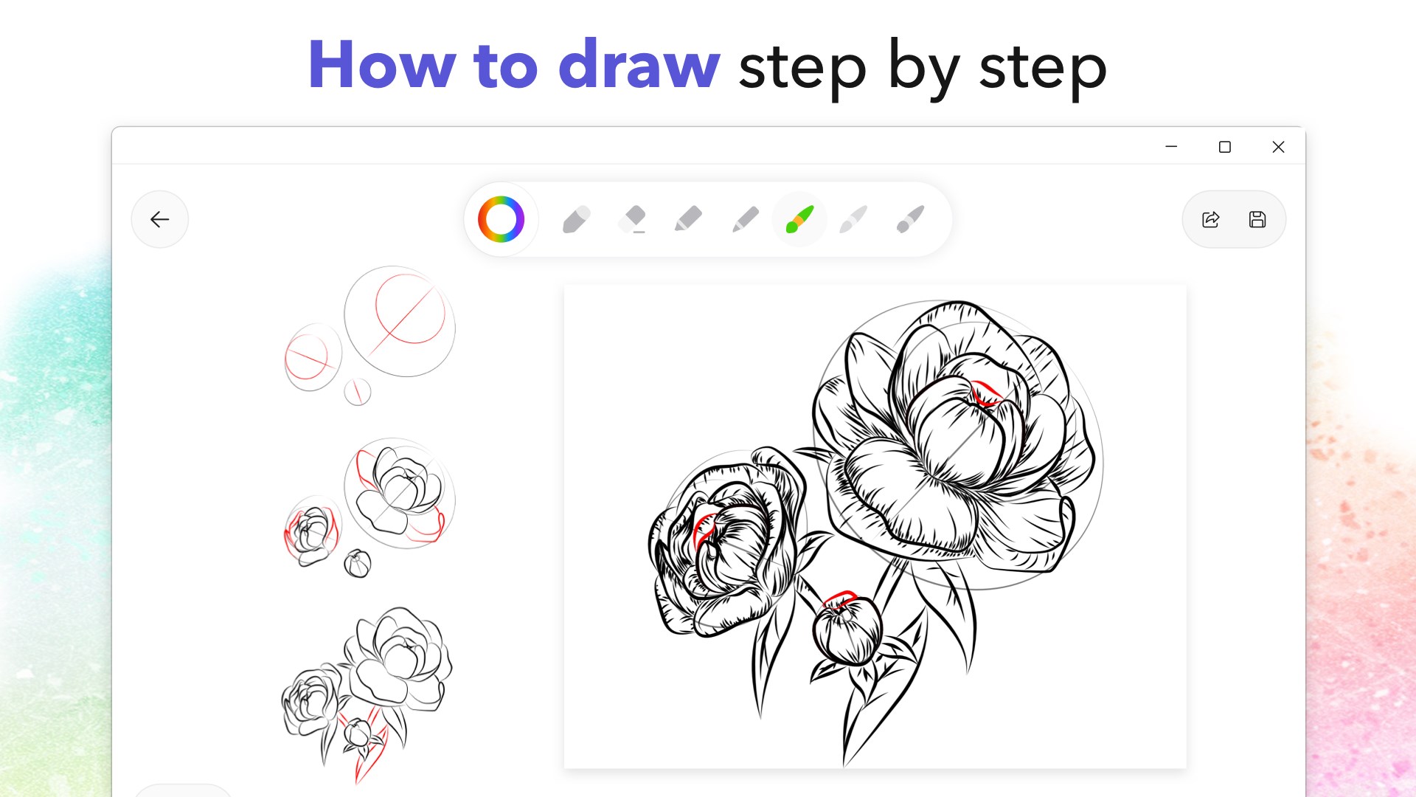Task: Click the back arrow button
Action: (x=159, y=219)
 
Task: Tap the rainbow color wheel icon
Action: (x=501, y=219)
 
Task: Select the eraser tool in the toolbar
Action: (x=633, y=219)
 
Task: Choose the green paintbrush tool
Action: (x=799, y=219)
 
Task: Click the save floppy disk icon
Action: (x=1257, y=219)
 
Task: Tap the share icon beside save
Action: (x=1211, y=219)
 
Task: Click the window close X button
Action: (x=1278, y=147)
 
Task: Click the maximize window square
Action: (x=1224, y=147)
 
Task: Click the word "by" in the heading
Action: (x=923, y=66)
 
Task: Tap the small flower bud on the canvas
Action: (x=847, y=631)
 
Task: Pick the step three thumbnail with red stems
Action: (x=367, y=690)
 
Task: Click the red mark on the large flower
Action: (x=985, y=393)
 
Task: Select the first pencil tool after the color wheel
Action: (x=576, y=219)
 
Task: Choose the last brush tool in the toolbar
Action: (x=910, y=219)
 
